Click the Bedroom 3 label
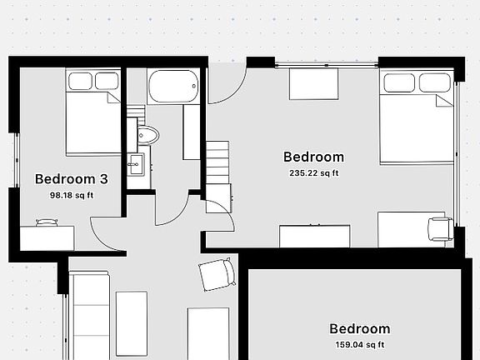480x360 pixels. pyautogui.click(x=71, y=178)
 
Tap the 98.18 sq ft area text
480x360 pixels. pyautogui.click(x=72, y=196)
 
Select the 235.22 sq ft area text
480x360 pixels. pyautogui.click(x=313, y=173)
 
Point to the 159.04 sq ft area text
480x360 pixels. pyautogui.click(x=358, y=344)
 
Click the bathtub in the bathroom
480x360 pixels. pyautogui.click(x=173, y=87)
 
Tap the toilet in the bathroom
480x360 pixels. pyautogui.click(x=148, y=136)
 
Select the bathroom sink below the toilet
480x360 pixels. pyautogui.click(x=134, y=164)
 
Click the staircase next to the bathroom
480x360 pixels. pyautogui.click(x=217, y=162)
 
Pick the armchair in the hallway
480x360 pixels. pyautogui.click(x=216, y=274)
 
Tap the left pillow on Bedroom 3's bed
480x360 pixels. pyautogui.click(x=80, y=81)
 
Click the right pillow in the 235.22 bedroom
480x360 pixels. pyautogui.click(x=433, y=82)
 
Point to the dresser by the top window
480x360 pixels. pyautogui.click(x=313, y=83)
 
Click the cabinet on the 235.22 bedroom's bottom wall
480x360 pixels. pyautogui.click(x=313, y=236)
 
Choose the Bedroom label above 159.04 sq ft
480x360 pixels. pyautogui.click(x=359, y=328)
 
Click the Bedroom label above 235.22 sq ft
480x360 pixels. pyautogui.click(x=313, y=157)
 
